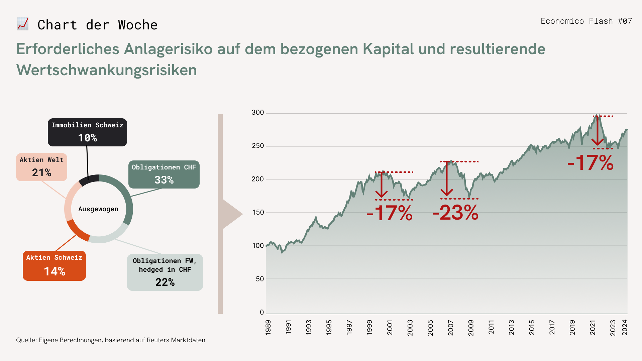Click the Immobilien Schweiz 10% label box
87,132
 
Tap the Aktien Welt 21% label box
41,167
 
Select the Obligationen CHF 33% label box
164,174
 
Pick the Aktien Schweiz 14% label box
54,266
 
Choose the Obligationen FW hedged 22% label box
165,272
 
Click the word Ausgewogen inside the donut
98,209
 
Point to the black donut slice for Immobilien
89,179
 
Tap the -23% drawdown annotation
455,213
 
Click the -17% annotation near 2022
591,163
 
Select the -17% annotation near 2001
390,213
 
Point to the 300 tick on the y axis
258,113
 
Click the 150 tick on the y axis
258,212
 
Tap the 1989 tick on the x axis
268,327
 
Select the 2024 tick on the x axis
624,327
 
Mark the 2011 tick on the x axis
491,327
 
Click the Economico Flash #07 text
586,21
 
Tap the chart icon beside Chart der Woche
23,24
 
